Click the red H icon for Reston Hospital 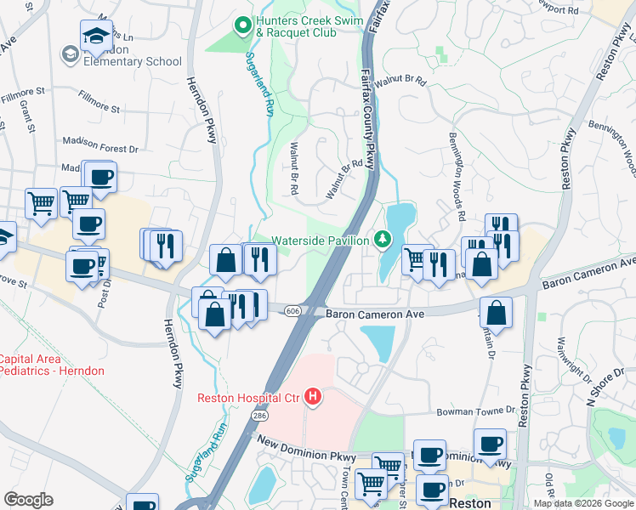click(313, 397)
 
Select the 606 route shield click(292, 311)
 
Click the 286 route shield click(258, 414)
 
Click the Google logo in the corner click(28, 500)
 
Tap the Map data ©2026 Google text click(583, 503)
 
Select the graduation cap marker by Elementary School click(96, 37)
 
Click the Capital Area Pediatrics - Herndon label click(51, 365)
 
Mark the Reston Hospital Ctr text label click(249, 397)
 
